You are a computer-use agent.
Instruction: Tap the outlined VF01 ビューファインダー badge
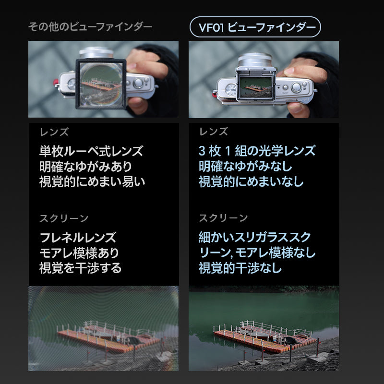click(x=254, y=28)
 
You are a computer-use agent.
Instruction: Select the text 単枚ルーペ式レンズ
click(x=91, y=151)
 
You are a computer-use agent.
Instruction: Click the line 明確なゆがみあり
click(x=85, y=167)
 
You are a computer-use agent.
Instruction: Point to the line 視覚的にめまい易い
click(x=92, y=182)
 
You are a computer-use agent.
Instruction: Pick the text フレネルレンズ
click(x=77, y=237)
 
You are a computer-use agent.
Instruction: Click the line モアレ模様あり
click(x=79, y=252)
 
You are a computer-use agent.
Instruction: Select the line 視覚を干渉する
click(x=80, y=268)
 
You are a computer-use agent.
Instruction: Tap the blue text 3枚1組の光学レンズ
click(x=257, y=151)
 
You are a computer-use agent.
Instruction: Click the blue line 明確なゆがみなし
click(x=245, y=167)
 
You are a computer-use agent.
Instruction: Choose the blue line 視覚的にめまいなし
click(x=251, y=182)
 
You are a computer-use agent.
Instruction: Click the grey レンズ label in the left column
click(x=54, y=132)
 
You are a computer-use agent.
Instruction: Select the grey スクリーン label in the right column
click(x=223, y=218)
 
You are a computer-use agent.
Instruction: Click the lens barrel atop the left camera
click(x=96, y=52)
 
